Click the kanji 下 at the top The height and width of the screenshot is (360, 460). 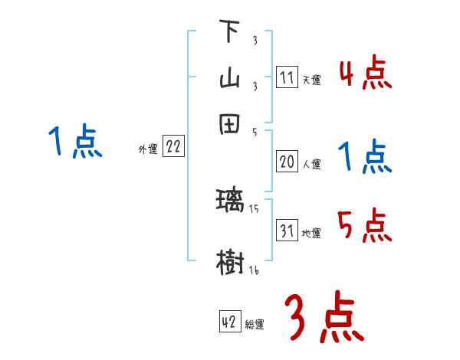(x=230, y=33)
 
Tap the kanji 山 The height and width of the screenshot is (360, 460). (x=230, y=78)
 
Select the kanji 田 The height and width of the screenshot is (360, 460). (x=230, y=125)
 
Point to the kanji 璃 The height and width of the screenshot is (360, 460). (x=230, y=201)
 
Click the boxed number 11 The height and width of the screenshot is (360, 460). (x=287, y=78)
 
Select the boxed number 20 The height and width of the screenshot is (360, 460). (x=287, y=162)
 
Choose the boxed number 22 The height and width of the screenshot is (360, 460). (x=173, y=148)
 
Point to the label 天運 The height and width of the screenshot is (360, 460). (x=311, y=80)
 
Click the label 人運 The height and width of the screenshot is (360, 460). (x=311, y=163)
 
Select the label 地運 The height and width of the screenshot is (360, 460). (x=311, y=233)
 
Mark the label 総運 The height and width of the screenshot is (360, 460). (x=255, y=324)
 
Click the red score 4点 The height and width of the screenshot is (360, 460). (x=365, y=74)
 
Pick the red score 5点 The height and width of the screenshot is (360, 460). (x=365, y=226)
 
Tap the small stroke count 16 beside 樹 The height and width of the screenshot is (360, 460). (x=252, y=271)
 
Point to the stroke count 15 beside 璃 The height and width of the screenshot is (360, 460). (x=252, y=208)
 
